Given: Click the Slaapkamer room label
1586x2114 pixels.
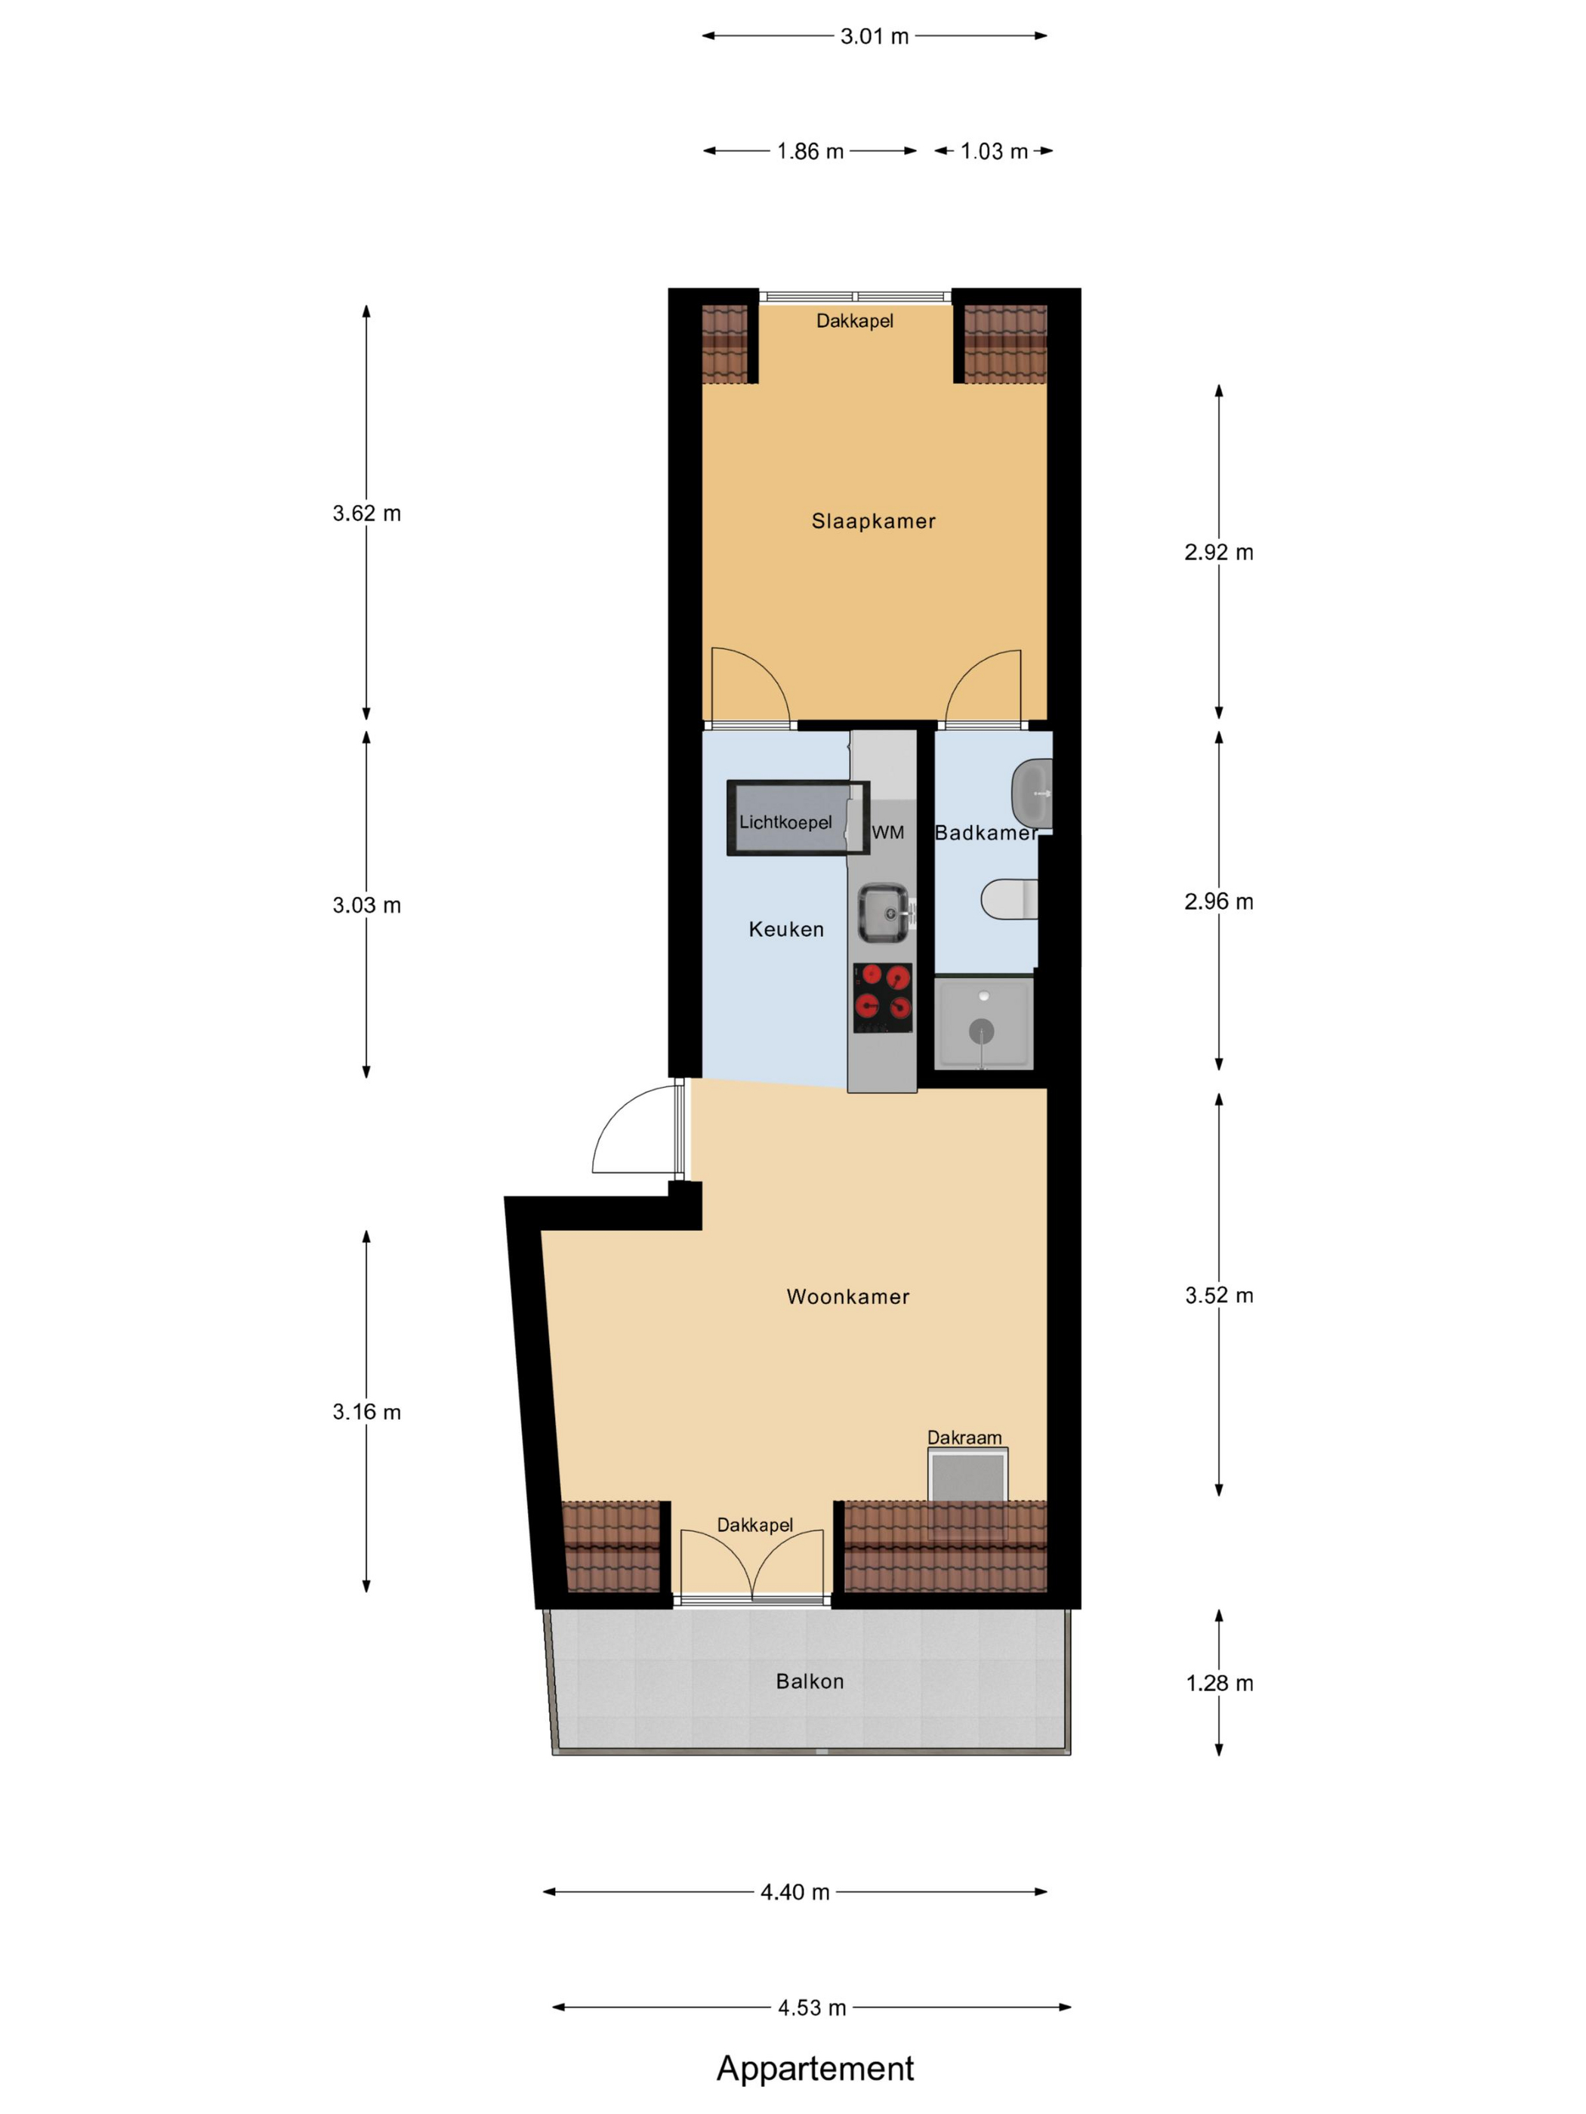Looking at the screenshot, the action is pos(873,521).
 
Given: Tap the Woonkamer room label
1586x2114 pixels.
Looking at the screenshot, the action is pos(848,1296).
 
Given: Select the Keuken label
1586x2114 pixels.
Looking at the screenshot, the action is pos(786,929).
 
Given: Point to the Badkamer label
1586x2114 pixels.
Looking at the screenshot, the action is pos(986,833).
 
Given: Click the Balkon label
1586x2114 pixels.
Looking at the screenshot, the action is pos(810,1681).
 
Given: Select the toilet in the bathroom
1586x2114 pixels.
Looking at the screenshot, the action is pos(1008,899).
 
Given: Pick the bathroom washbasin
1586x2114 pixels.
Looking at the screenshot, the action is pos(1032,794).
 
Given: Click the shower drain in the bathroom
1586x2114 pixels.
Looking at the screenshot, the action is pos(981,1031).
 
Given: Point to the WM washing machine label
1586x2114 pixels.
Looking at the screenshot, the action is pos(887,833).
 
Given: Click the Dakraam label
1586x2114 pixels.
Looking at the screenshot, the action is pos(964,1438).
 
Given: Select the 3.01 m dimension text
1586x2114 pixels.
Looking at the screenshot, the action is pos(874,36).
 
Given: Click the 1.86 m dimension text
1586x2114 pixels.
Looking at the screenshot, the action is pos(810,151).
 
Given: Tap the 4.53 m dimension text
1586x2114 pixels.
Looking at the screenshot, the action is pos(812,2007).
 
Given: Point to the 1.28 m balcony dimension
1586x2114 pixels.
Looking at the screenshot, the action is pos(1219,1683).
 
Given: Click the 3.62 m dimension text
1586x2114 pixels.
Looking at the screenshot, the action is pos(366,513).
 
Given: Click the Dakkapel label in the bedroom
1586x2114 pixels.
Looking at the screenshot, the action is pos(855,321).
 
